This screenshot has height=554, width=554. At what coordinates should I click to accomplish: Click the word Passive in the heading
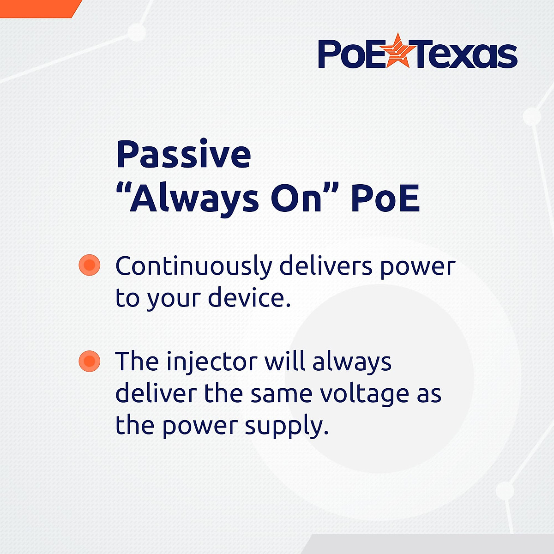(184, 155)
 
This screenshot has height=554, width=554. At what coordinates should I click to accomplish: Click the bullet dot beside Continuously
(90, 265)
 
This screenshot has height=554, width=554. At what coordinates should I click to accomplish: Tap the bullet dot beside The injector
(90, 361)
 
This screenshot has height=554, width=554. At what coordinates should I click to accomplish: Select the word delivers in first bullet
(326, 266)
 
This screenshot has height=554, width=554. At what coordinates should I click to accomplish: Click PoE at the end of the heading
(385, 199)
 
